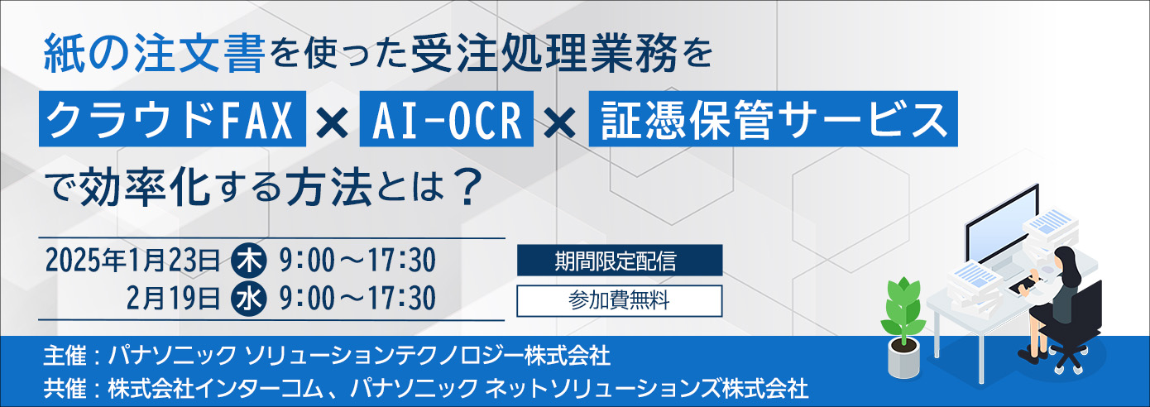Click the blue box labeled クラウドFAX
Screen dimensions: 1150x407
172,119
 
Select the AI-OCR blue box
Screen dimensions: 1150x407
447,119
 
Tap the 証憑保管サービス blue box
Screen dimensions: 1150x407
774,119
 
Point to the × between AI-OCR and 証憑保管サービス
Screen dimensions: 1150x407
561,123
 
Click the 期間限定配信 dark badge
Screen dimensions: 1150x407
620,261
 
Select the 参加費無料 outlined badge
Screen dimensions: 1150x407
620,301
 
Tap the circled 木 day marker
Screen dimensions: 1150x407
249,261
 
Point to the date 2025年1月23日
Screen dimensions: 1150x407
132,261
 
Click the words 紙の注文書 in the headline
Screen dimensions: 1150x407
154,54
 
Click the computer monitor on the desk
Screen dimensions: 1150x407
1002,226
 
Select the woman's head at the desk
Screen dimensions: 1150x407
1065,257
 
